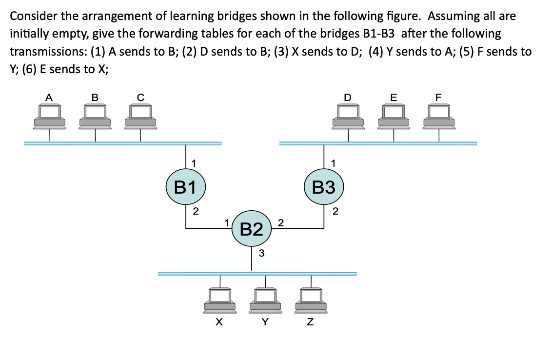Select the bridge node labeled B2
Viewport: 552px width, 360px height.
(251, 228)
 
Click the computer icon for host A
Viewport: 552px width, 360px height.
(49, 117)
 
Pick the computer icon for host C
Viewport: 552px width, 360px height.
(141, 117)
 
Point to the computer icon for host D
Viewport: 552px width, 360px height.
(348, 117)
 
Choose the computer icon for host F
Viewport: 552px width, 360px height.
(439, 117)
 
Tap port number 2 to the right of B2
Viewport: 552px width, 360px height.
(280, 223)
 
